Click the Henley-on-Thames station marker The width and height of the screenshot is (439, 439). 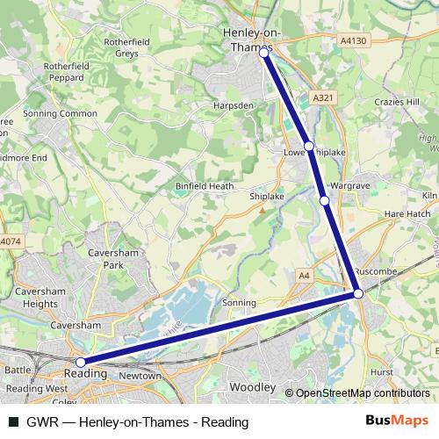click(264, 54)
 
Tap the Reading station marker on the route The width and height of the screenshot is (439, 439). click(81, 362)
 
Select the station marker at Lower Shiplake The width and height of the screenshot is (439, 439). click(309, 147)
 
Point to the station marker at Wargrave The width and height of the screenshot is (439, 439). click(325, 201)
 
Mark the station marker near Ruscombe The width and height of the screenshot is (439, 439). click(358, 294)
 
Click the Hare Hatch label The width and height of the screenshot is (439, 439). click(406, 213)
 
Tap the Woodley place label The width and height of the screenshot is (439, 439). click(252, 387)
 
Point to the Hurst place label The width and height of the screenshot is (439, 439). click(382, 373)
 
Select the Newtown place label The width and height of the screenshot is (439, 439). click(140, 376)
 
